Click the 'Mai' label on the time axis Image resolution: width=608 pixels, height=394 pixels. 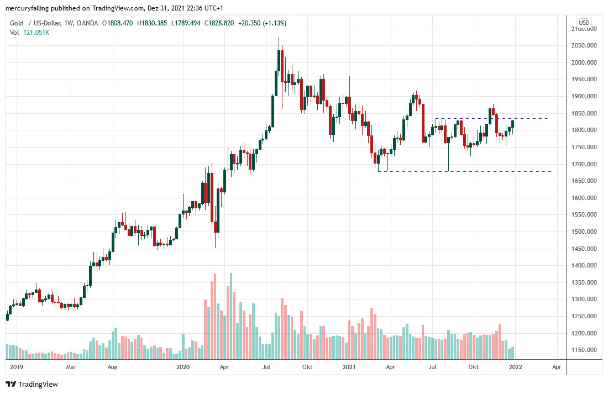tap(70, 366)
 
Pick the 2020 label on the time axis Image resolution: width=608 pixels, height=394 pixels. tap(182, 366)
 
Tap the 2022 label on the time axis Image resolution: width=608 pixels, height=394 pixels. tap(515, 366)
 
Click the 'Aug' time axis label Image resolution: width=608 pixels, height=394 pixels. tap(112, 366)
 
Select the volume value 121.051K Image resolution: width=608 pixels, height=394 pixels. tap(36, 33)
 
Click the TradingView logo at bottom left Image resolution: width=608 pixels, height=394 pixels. tap(32, 384)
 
